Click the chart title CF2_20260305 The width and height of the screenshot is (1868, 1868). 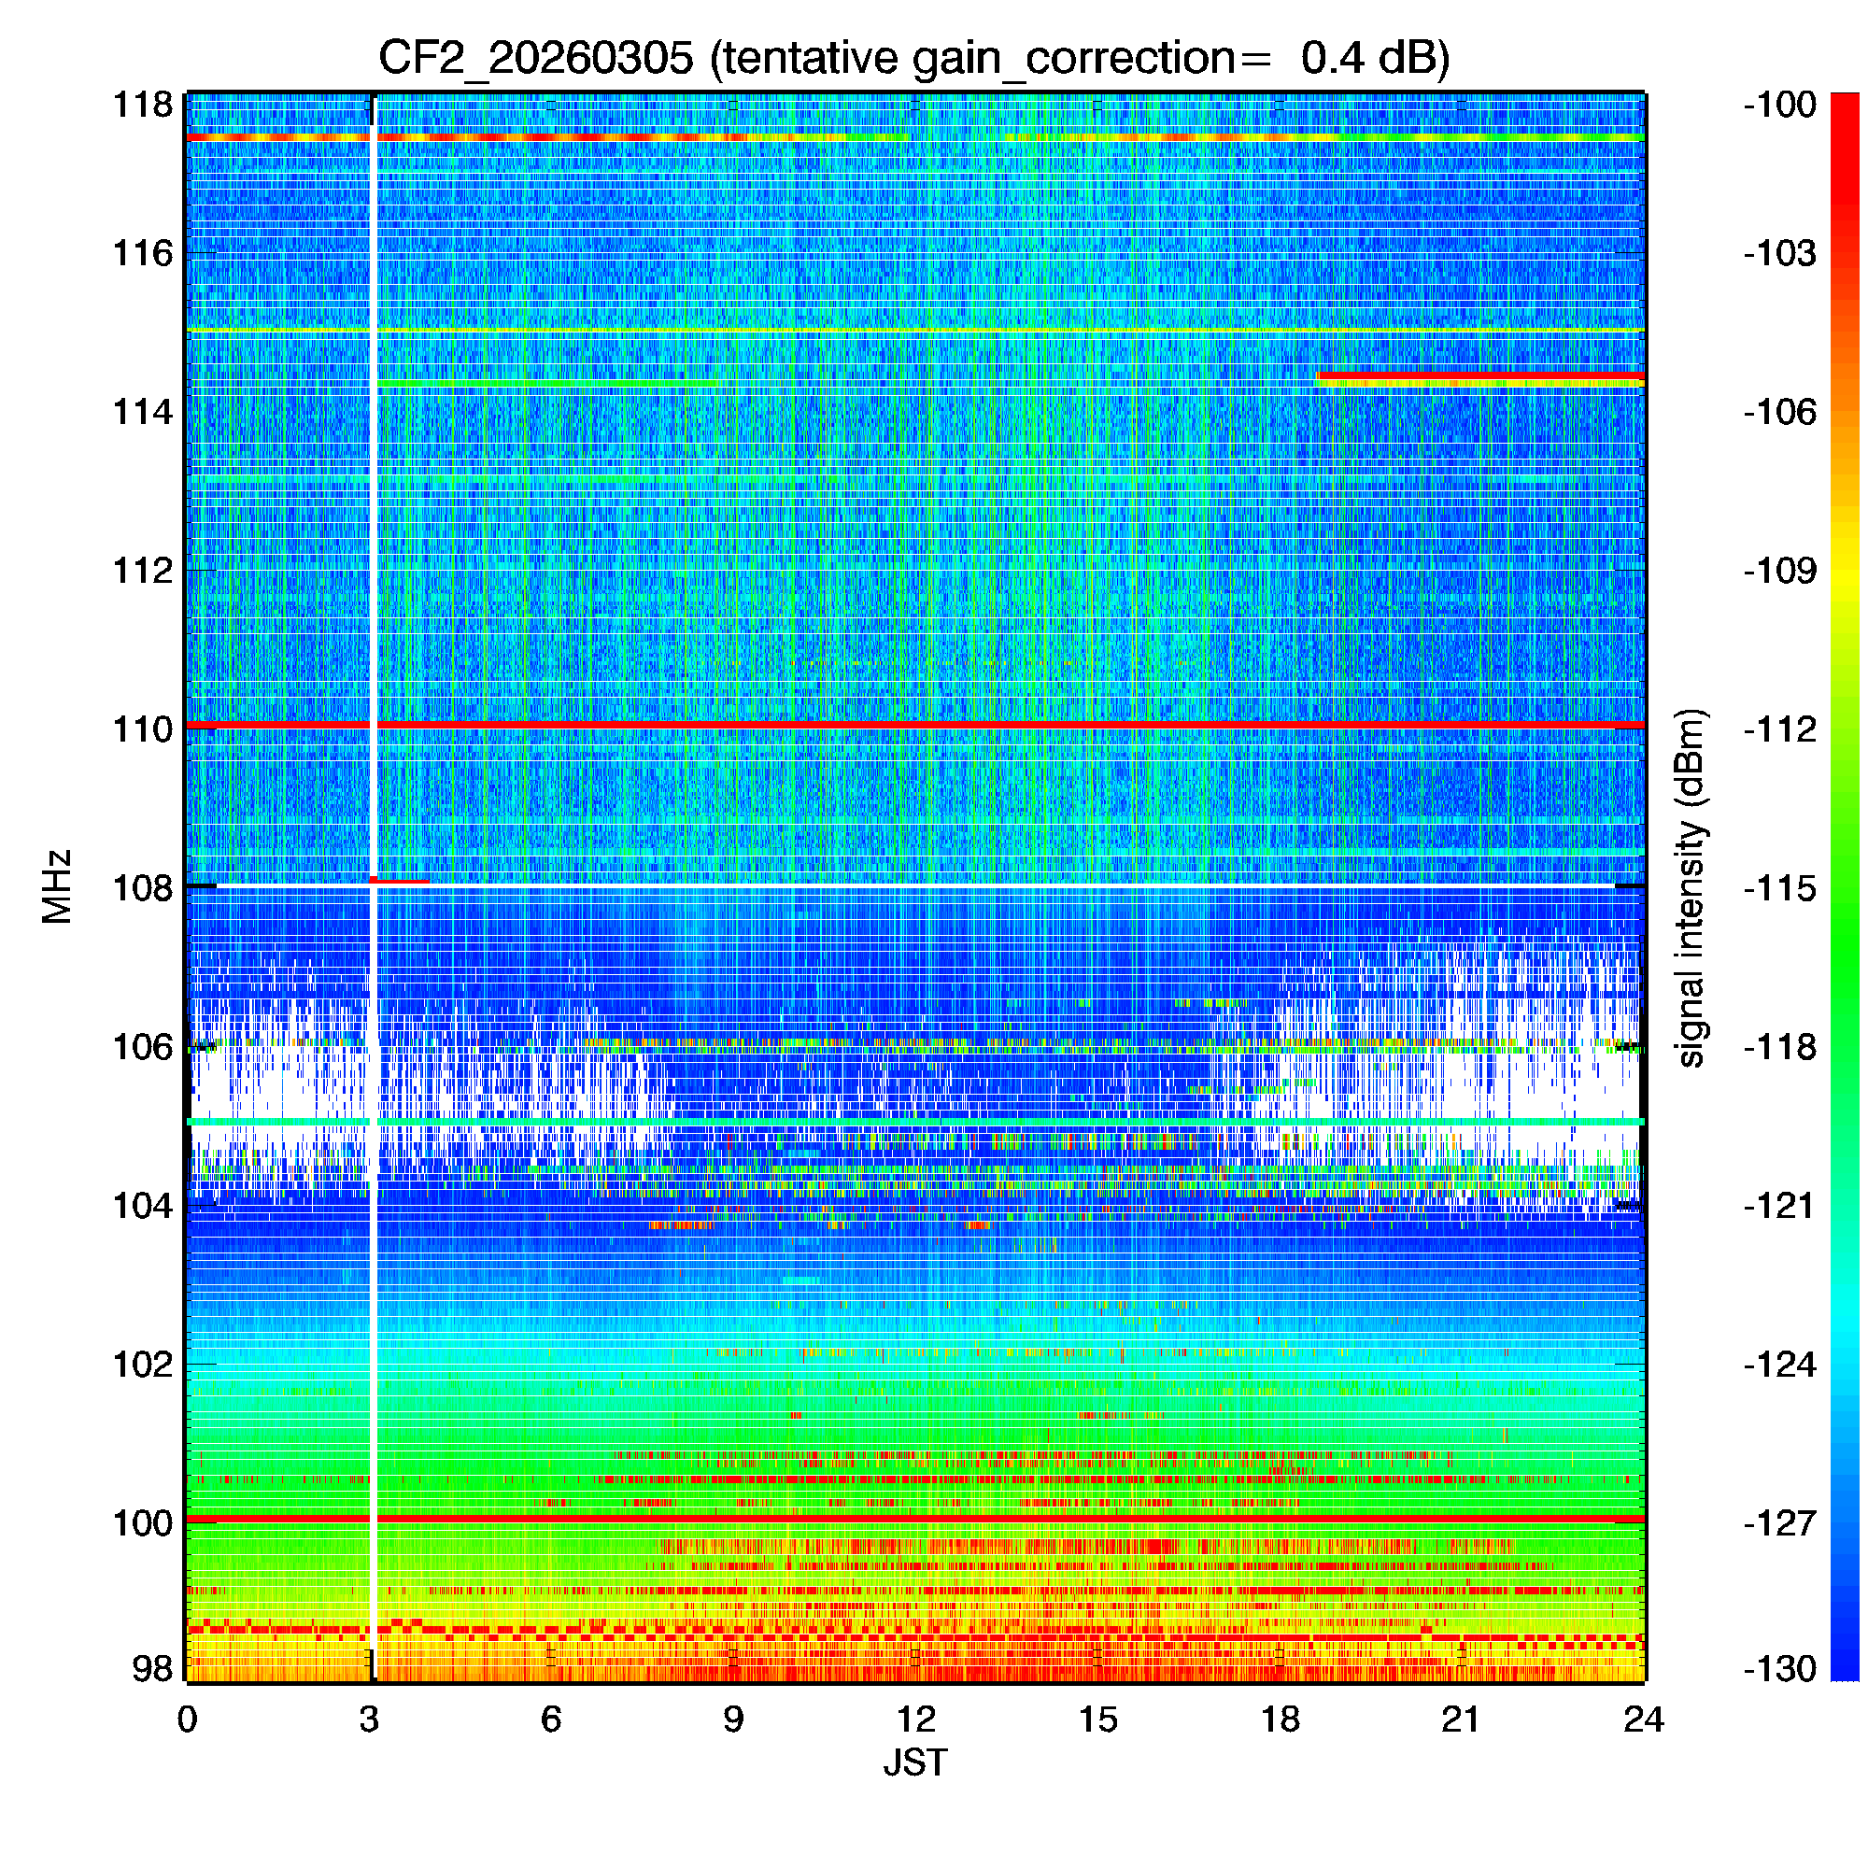click(913, 58)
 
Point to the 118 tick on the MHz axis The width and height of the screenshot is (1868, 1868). click(143, 105)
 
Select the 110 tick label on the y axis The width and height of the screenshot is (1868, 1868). click(143, 729)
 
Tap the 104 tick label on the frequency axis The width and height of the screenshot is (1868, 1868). click(143, 1206)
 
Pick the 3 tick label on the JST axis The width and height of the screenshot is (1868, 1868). click(369, 1719)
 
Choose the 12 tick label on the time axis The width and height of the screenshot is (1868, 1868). click(914, 1719)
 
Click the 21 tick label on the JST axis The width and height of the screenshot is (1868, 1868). click(1461, 1719)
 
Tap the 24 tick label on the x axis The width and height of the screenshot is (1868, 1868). click(1643, 1719)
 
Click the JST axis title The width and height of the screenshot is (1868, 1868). click(914, 1762)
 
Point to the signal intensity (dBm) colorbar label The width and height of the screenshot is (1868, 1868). click(1691, 887)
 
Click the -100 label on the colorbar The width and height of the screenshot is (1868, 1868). click(1779, 105)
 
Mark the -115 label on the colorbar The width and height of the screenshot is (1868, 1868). click(1779, 887)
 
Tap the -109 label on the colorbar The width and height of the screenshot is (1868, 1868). click(1779, 571)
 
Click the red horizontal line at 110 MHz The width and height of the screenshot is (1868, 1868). click(967, 724)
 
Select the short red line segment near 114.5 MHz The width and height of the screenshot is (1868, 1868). click(1479, 375)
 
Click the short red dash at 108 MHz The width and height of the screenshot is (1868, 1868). click(401, 881)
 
